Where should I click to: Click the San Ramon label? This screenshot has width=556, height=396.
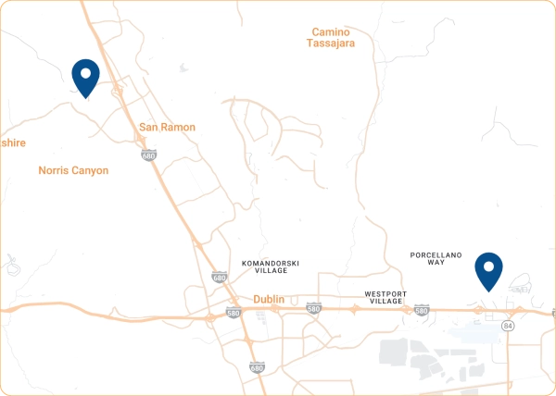[x=167, y=127]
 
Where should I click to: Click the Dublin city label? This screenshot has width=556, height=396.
[x=269, y=300]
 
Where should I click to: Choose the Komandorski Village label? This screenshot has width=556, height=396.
[x=268, y=266]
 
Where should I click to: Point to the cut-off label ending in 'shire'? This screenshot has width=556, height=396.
[x=13, y=142]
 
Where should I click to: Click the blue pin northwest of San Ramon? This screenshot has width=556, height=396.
[x=85, y=76]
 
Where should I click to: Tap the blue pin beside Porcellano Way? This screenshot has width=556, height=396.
[x=488, y=270]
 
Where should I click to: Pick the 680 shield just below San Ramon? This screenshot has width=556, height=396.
[x=149, y=155]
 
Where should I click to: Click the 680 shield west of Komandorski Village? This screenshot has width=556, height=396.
[x=219, y=277]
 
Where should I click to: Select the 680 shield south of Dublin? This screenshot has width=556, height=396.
[x=257, y=367]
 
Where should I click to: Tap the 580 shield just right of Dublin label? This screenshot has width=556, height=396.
[x=313, y=308]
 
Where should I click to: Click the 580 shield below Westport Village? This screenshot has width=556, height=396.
[x=422, y=310]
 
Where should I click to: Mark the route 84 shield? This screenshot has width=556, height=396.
[x=507, y=327]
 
